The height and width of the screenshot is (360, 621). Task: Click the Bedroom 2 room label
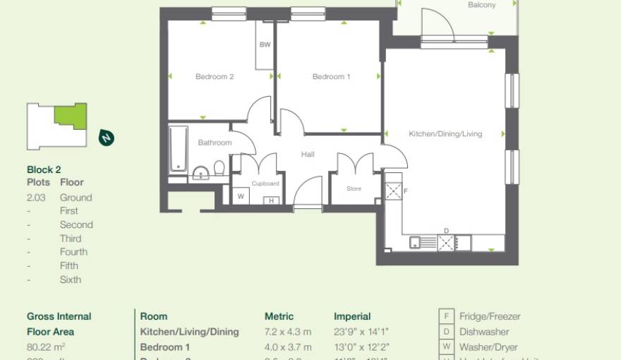click(x=215, y=77)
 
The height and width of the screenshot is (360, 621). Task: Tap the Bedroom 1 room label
click(x=331, y=77)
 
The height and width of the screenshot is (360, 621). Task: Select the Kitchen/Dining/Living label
click(x=445, y=134)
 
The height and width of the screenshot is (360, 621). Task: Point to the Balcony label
click(x=481, y=5)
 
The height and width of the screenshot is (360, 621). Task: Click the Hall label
click(x=308, y=155)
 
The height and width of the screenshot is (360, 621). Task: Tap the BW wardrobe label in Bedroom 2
click(x=265, y=45)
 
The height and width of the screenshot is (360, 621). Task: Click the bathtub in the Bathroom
click(x=179, y=149)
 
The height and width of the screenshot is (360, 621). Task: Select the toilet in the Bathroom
click(x=219, y=169)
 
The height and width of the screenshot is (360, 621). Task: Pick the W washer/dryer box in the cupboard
click(x=241, y=197)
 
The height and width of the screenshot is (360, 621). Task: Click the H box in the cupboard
click(x=271, y=200)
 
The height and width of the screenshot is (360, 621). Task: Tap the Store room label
click(x=354, y=188)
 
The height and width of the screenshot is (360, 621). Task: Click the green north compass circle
click(x=107, y=138)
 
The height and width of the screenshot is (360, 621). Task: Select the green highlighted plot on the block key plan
click(x=71, y=115)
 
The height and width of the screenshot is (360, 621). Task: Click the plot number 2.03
click(x=36, y=198)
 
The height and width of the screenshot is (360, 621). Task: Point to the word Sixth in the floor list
click(x=71, y=280)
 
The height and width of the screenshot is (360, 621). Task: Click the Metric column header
click(x=279, y=316)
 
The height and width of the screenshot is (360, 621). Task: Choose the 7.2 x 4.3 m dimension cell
click(x=288, y=332)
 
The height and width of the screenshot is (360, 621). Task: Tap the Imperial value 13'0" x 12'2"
click(x=361, y=347)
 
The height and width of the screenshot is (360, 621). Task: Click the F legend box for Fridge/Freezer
click(x=446, y=316)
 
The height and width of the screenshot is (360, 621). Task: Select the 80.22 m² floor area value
click(x=46, y=347)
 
